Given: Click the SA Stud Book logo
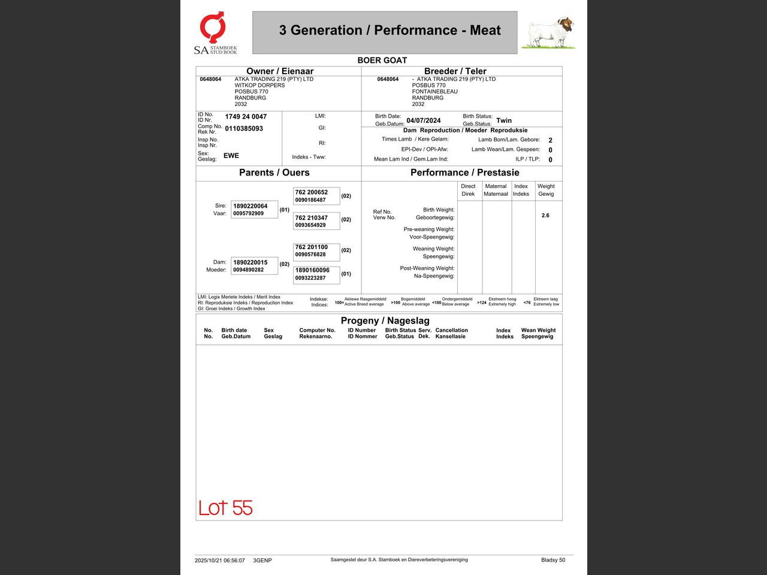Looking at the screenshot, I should click(x=215, y=34).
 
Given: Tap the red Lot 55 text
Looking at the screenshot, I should click(x=225, y=508).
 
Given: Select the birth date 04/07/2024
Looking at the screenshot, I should click(x=423, y=120).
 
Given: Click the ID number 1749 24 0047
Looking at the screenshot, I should click(x=246, y=117).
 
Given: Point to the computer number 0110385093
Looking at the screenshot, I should click(x=244, y=129).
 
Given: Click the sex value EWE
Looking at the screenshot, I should click(x=231, y=156).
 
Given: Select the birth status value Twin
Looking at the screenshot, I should click(x=504, y=120).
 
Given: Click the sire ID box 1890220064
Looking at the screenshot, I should click(x=255, y=210).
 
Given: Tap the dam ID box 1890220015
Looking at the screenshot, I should click(x=255, y=266).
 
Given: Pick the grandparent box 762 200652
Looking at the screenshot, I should click(x=316, y=196).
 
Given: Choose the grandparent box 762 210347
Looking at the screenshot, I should click(x=316, y=221).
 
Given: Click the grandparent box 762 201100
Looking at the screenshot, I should click(x=316, y=250).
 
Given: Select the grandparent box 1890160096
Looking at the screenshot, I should click(x=316, y=274).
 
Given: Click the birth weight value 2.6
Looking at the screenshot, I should click(x=545, y=216).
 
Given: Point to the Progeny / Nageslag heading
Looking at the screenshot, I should click(x=385, y=320).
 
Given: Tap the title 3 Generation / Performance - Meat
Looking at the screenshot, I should click(x=389, y=31).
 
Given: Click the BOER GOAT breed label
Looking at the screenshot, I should click(x=382, y=60).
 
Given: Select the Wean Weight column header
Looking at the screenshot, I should click(x=538, y=333).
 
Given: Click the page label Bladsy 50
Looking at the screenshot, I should click(x=552, y=560).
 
